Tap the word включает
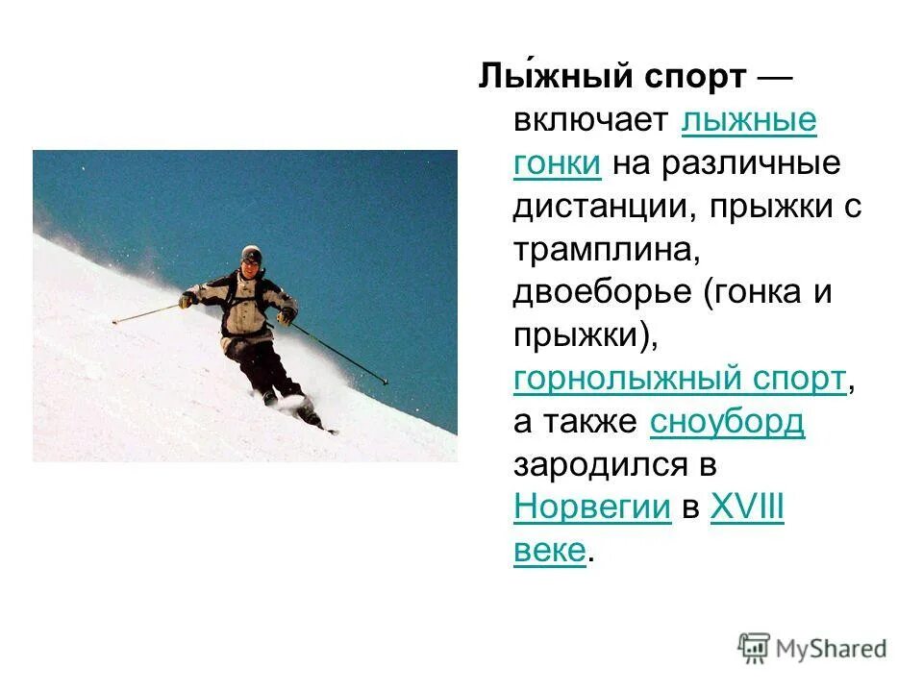pos(590,121)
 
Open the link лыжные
pos(749,121)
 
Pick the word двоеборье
pos(603,292)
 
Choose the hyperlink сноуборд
pos(728,422)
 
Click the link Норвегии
pos(592,507)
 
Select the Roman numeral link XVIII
pos(747,507)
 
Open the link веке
pos(550,551)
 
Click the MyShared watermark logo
pos(812,649)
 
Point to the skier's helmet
pos(252,254)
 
